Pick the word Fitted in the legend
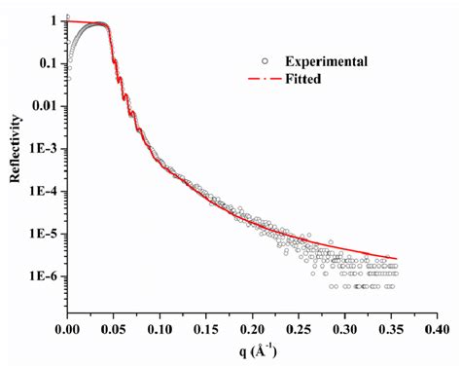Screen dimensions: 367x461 pos(304,80)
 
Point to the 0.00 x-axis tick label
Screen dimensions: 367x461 pos(67,331)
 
